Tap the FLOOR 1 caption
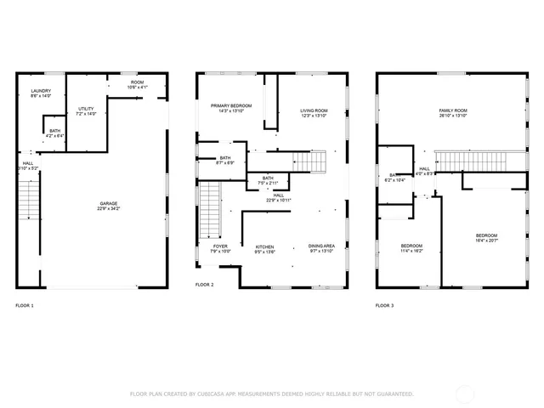tap(25, 304)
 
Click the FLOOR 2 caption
tap(205, 285)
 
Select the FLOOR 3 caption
tap(385, 304)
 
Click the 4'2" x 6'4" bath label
tap(54, 133)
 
